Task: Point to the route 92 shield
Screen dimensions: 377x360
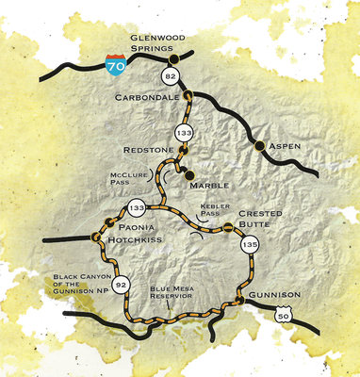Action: pos(121,281)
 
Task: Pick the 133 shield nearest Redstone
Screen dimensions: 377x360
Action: pos(186,134)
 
